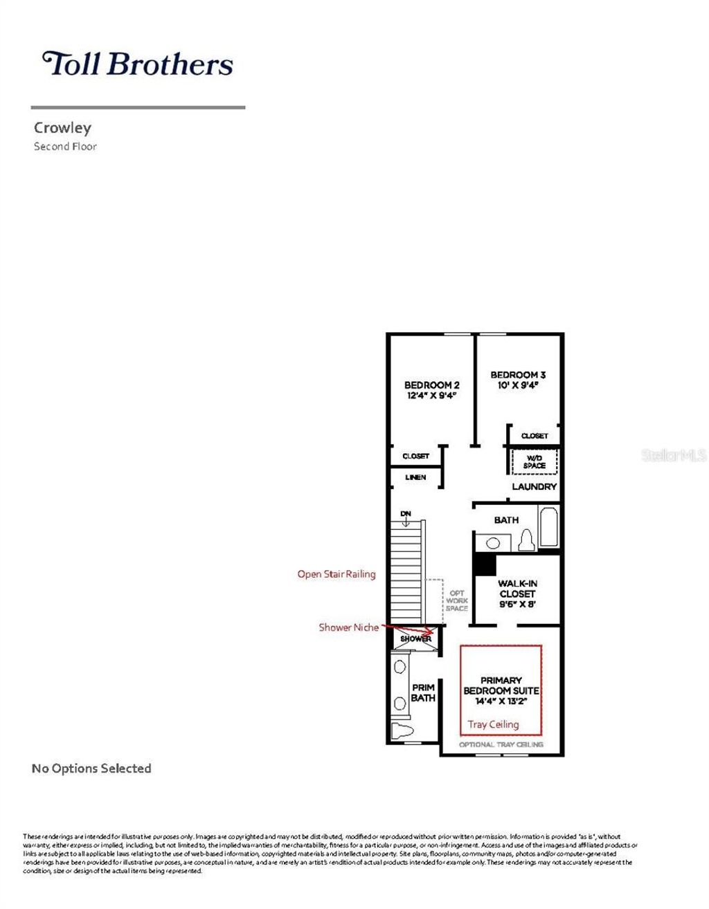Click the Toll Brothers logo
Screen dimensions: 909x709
138,64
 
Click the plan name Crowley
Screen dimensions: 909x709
62,128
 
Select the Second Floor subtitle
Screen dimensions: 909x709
65,147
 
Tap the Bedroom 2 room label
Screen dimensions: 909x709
431,385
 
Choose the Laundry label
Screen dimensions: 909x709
534,487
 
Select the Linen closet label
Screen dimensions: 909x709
415,478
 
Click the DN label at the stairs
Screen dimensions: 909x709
406,514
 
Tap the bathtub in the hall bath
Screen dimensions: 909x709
548,529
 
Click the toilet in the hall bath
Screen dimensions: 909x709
526,540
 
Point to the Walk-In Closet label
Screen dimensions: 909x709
517,589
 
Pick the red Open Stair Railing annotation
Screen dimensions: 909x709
336,574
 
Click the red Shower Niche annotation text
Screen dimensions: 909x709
348,627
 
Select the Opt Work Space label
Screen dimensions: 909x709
457,600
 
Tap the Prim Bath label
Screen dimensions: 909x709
423,692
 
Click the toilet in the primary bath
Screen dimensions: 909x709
402,731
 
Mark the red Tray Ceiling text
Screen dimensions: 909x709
493,724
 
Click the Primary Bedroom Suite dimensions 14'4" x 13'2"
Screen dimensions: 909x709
501,701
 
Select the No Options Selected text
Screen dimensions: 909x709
91,769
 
